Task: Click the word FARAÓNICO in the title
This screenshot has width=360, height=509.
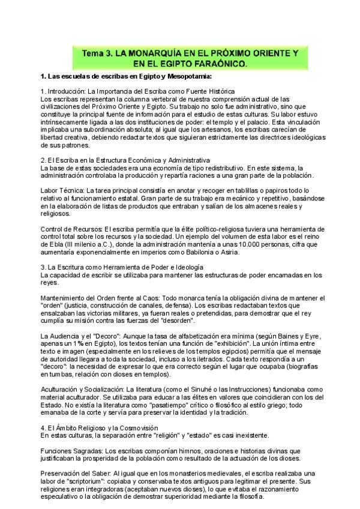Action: pyautogui.click(x=220, y=63)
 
